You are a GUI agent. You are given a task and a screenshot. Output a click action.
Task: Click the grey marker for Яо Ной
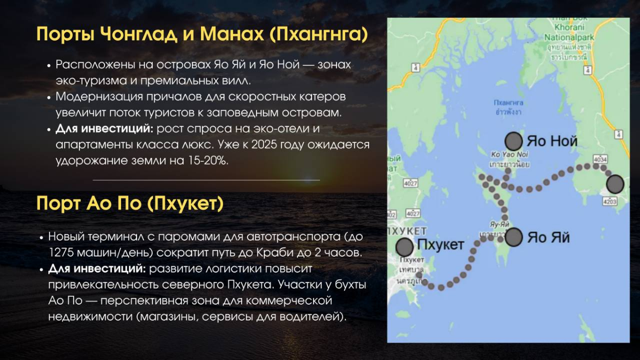[x=514, y=141]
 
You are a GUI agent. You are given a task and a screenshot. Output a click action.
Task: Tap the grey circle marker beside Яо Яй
[x=514, y=237]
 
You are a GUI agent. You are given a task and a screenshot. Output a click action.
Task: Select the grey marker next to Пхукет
[x=405, y=246]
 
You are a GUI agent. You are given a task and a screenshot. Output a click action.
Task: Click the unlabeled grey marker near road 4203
[x=615, y=184]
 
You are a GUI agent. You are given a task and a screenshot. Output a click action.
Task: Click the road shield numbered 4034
[x=601, y=159]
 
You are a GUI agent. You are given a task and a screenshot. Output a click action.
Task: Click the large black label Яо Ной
[x=552, y=141]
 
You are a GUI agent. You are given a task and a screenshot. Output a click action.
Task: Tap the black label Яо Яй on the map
[x=548, y=237]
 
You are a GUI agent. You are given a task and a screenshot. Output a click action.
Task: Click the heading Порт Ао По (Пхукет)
[x=130, y=203]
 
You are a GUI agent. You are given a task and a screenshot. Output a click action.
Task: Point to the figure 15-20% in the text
[x=207, y=161]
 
